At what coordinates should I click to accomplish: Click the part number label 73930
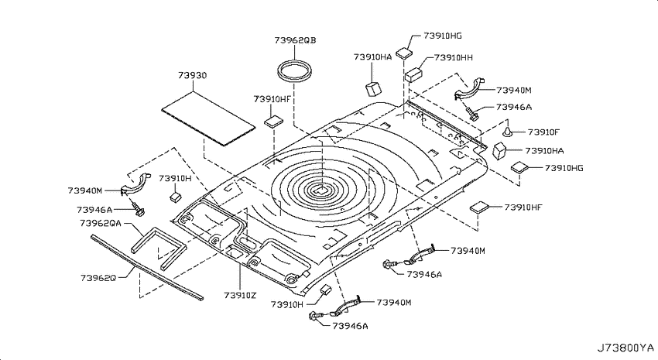192,76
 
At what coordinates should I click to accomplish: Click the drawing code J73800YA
625,348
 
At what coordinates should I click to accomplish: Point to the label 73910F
544,132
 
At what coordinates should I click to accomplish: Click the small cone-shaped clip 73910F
508,132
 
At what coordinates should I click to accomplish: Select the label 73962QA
101,223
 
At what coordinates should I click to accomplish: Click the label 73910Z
240,296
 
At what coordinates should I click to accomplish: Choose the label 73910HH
453,57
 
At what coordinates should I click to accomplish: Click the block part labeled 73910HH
413,74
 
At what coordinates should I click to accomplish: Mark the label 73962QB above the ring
296,40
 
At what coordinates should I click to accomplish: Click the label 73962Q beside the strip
98,278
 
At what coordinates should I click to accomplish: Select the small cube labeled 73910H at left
176,197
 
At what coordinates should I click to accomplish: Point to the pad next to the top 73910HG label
404,52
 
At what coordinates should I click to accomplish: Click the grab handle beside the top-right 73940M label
470,88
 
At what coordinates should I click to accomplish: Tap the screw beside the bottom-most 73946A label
315,316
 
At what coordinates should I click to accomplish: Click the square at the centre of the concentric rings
321,189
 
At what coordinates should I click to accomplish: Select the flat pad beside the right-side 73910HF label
480,207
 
